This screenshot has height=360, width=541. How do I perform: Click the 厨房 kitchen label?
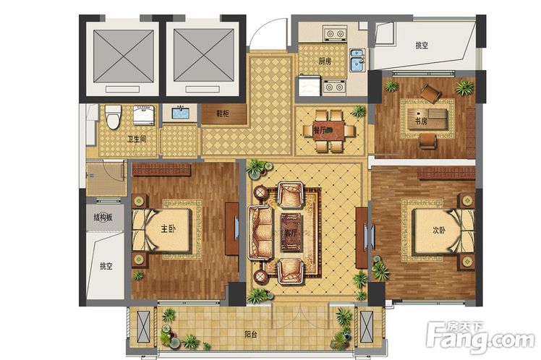click(x=325, y=61)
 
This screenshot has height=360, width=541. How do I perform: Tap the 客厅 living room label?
click(x=291, y=233)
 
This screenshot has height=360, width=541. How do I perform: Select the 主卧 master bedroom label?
click(x=169, y=228)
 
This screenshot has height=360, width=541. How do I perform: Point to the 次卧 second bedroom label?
click(x=439, y=230)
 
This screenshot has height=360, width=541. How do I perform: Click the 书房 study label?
click(x=421, y=121)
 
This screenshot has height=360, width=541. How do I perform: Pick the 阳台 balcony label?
click(x=251, y=334)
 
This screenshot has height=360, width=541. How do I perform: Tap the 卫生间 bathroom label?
click(x=137, y=139)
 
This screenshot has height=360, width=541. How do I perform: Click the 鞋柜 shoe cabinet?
click(x=224, y=114)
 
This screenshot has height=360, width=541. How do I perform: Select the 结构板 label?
click(x=103, y=218)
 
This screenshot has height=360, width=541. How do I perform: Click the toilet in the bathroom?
click(x=113, y=117)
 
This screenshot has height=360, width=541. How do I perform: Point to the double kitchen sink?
click(x=357, y=60)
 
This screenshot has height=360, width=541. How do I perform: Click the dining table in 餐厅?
click(x=328, y=131)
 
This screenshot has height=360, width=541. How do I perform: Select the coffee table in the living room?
click(x=291, y=232)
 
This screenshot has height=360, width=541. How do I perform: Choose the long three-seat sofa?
click(x=260, y=232)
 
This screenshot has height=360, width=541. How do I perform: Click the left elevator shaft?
click(x=124, y=56)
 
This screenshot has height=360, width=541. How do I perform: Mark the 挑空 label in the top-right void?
click(x=422, y=45)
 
